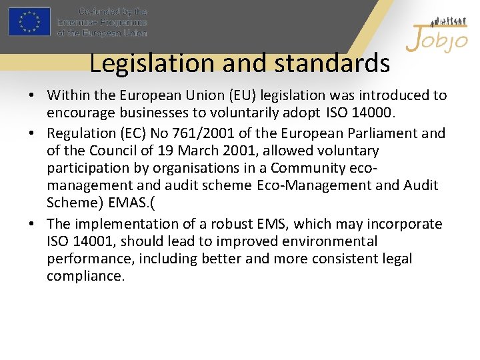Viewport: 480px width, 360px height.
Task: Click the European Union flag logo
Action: coord(29,21)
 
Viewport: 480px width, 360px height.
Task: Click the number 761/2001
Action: coord(224,133)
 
